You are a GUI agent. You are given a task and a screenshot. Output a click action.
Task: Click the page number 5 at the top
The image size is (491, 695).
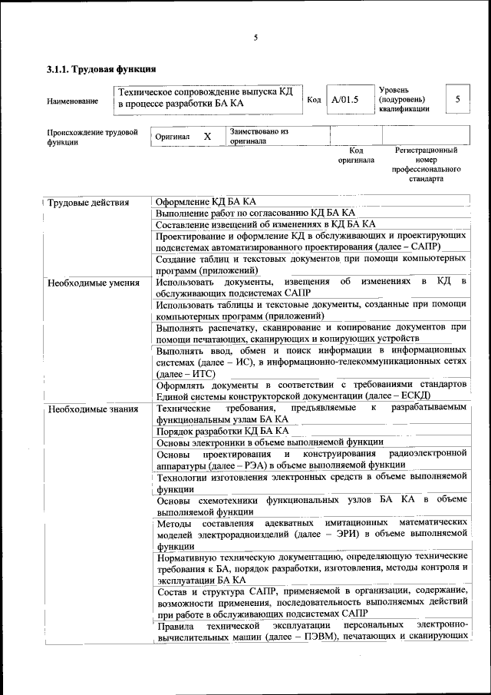point(255,38)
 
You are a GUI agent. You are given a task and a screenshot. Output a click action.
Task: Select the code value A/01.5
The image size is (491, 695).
point(344,100)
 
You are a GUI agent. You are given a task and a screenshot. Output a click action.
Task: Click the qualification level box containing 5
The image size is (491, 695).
point(457,99)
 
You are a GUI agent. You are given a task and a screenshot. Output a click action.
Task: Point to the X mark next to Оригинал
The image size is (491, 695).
point(207,136)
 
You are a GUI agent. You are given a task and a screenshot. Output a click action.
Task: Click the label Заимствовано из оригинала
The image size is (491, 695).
point(259,136)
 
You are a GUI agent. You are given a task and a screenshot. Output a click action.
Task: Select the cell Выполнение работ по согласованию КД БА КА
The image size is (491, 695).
point(255,213)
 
